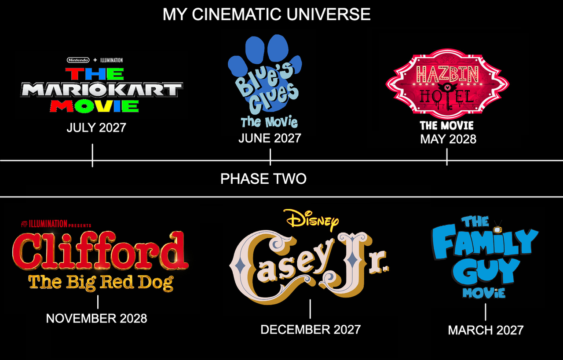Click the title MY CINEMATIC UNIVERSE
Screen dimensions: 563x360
click(267, 15)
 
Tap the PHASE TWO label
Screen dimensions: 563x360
click(263, 179)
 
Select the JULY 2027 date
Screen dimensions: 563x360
click(96, 127)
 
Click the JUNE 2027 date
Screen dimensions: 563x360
click(270, 138)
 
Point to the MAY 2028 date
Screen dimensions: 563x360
click(448, 139)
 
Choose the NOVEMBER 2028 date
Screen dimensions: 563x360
click(96, 318)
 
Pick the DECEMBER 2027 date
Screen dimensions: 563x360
click(311, 330)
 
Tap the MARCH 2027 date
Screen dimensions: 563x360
click(486, 330)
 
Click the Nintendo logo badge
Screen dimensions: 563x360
click(78, 60)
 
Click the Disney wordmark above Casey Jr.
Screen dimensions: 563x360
click(311, 220)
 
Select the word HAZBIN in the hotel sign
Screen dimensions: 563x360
click(447, 74)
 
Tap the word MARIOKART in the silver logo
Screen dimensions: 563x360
click(102, 90)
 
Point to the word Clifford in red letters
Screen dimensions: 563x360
click(100, 250)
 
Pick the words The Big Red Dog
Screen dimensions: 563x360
click(101, 283)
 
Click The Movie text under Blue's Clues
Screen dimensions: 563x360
click(269, 122)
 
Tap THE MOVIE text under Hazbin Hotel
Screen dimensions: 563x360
click(446, 126)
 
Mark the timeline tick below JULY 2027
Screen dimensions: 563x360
click(92, 155)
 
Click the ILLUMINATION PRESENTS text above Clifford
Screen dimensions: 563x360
click(56, 224)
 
